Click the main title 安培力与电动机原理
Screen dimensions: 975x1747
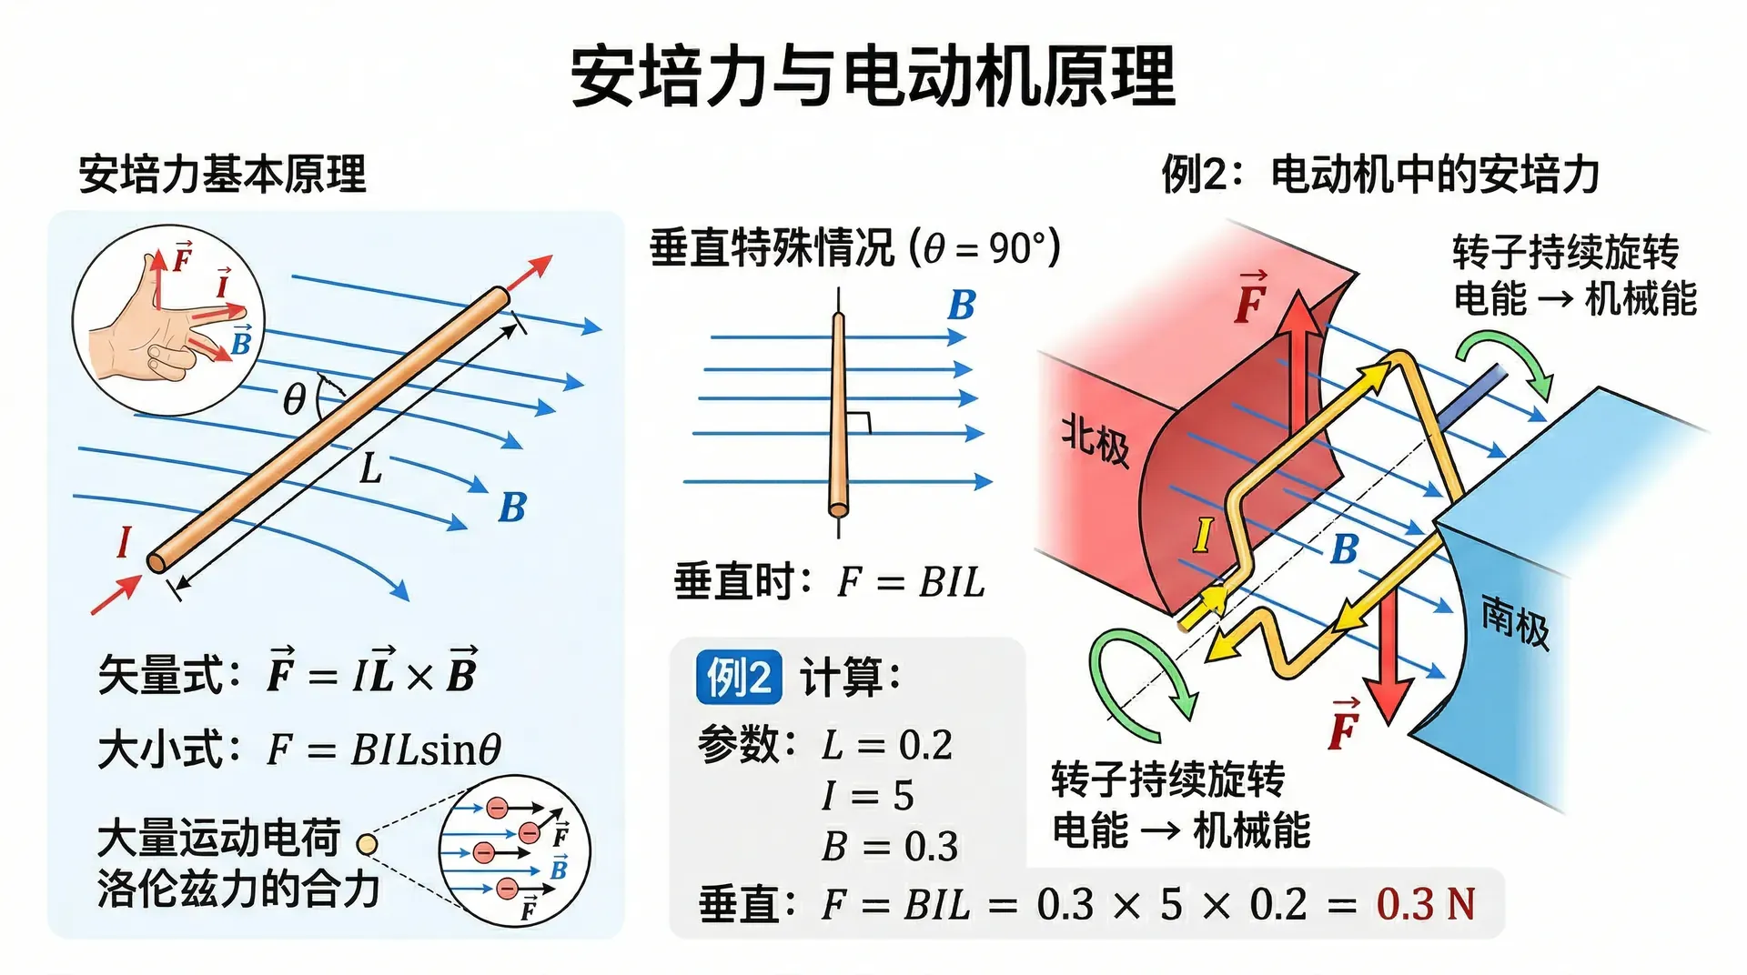[x=873, y=76]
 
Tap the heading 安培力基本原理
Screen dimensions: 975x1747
[x=223, y=174]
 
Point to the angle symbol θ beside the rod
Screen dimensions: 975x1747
[x=294, y=399]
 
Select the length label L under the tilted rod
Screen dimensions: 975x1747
[x=370, y=469]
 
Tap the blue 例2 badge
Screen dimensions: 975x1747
[x=739, y=678]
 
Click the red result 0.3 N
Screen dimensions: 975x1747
[x=1425, y=904]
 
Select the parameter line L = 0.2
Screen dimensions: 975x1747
[x=887, y=746]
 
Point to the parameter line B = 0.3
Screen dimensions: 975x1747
[x=890, y=847]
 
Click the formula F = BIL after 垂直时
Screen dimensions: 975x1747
[x=911, y=582]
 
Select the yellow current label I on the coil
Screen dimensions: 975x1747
[x=1203, y=535]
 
